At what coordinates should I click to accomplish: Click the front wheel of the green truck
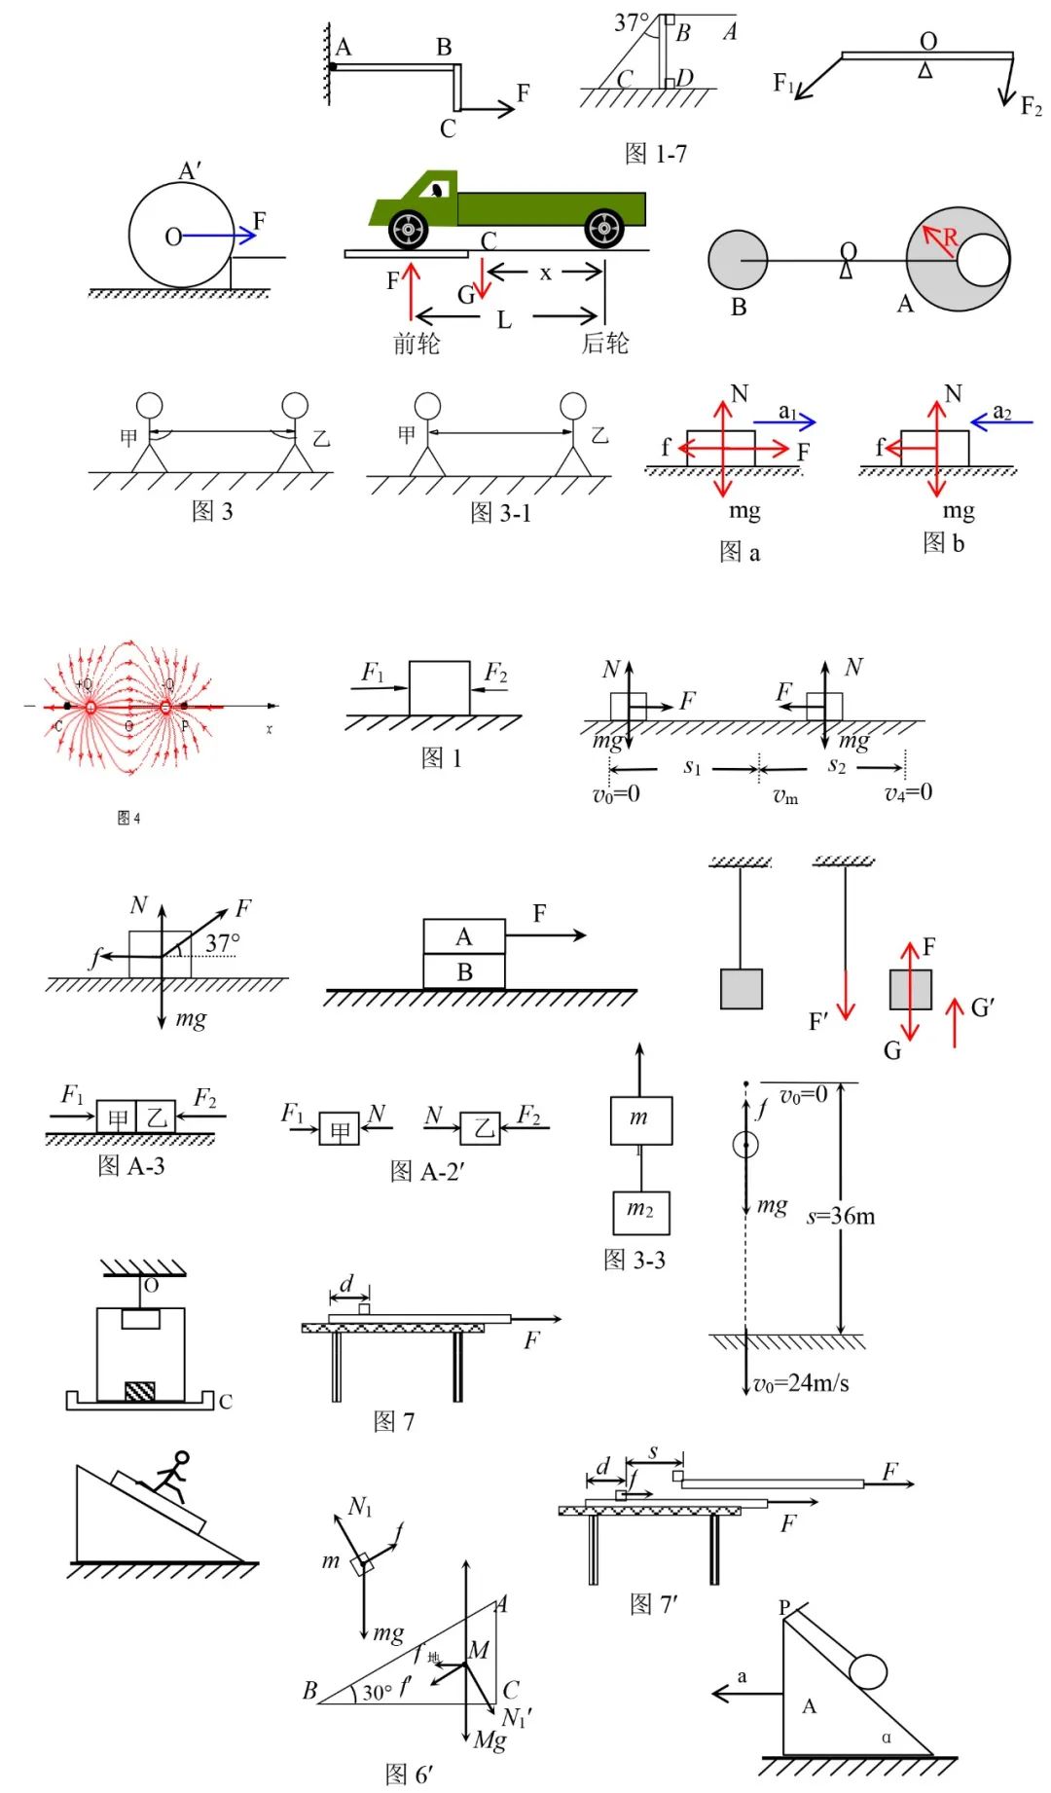[408, 230]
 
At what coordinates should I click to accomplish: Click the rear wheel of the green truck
[604, 229]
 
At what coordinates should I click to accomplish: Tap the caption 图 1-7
[655, 154]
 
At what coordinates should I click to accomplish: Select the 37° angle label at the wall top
[632, 22]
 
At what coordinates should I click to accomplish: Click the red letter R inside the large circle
[950, 238]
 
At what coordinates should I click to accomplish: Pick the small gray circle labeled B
[738, 260]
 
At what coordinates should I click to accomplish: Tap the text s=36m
[841, 1216]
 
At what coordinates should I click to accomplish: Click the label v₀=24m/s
[801, 1383]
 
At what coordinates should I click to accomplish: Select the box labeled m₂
[640, 1212]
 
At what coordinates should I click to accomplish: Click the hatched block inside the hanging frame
[140, 1390]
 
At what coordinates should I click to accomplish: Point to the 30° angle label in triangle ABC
[378, 1692]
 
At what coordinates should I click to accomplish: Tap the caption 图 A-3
[131, 1165]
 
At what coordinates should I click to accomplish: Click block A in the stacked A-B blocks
[464, 936]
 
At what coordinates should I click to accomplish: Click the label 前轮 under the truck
[417, 344]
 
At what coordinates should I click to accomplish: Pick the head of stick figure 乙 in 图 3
[295, 405]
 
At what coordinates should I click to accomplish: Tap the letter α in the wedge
[886, 1738]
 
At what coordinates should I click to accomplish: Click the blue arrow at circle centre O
[218, 236]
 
